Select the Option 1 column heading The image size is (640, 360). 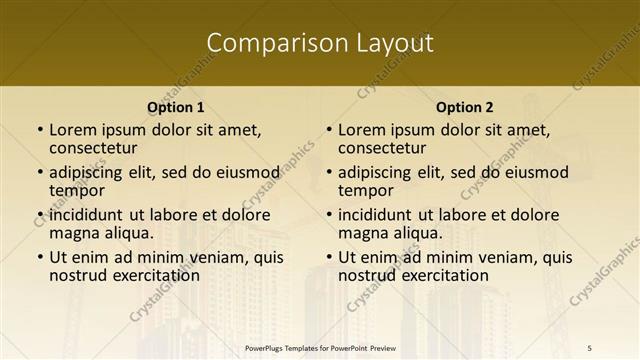[x=175, y=107]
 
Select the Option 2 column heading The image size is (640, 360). [x=465, y=107]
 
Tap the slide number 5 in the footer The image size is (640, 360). [x=589, y=347]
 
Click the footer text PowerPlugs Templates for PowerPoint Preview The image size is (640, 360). [x=319, y=347]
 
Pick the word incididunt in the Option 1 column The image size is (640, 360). [x=85, y=215]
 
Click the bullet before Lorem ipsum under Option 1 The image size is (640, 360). [x=39, y=130]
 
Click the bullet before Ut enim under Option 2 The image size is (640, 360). [x=328, y=258]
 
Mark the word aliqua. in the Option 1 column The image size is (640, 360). [x=128, y=232]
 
